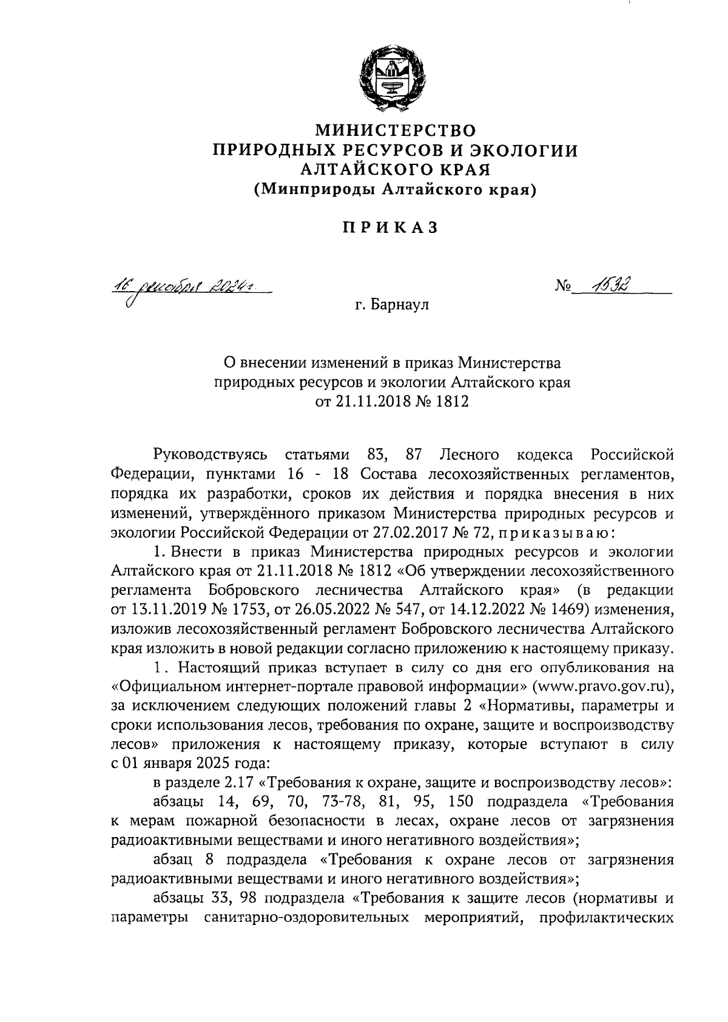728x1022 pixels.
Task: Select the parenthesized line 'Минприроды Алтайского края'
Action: point(395,190)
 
